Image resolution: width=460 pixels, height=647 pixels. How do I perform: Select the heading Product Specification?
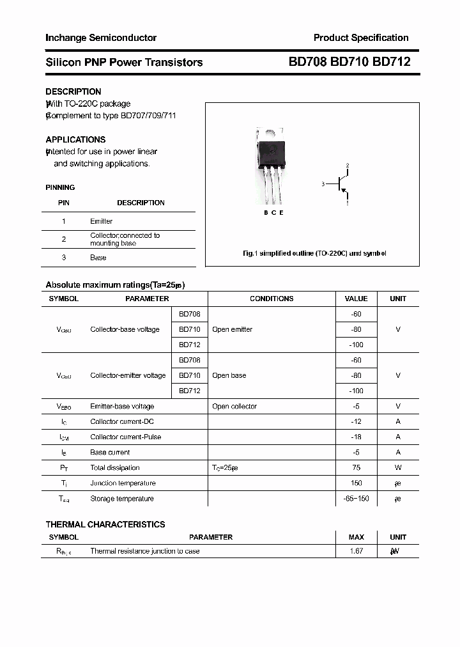point(361,38)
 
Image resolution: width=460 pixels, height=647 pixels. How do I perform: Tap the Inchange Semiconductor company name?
point(101,38)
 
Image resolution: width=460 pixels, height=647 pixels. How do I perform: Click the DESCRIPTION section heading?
point(73,91)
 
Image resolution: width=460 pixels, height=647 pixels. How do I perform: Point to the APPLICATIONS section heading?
point(75,139)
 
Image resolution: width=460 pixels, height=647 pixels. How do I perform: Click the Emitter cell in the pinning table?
point(101,221)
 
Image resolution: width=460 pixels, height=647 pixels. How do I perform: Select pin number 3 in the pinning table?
point(64,258)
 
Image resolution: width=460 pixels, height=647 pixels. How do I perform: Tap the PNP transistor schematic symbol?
point(341,185)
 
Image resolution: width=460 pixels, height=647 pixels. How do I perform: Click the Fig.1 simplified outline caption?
point(314,253)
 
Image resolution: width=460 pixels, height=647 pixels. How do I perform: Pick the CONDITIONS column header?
point(272,299)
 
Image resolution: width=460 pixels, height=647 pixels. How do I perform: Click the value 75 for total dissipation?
point(356,468)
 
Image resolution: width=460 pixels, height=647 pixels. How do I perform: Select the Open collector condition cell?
point(234,407)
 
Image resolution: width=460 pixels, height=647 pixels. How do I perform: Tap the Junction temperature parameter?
point(123,483)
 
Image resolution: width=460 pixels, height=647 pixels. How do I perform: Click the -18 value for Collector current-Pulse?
point(356,437)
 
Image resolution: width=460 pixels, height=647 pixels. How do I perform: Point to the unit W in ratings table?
point(398,468)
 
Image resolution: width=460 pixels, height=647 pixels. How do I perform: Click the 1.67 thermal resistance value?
point(356,551)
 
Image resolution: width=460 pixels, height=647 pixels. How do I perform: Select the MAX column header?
point(356,537)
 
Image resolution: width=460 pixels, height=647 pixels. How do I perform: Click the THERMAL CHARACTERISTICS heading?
point(105,524)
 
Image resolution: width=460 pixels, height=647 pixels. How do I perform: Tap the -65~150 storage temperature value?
point(356,499)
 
